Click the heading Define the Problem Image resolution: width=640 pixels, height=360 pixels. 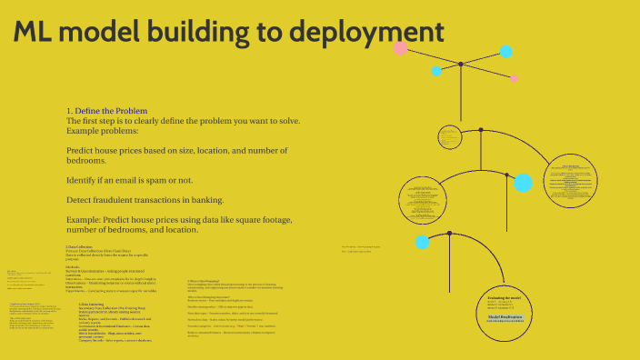pos(110,111)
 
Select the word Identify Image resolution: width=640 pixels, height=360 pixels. pos(84,180)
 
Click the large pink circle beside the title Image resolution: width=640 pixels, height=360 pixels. pos(401,47)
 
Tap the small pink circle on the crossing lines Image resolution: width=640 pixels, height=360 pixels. pos(514,79)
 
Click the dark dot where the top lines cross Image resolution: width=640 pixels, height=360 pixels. pos(461,65)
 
